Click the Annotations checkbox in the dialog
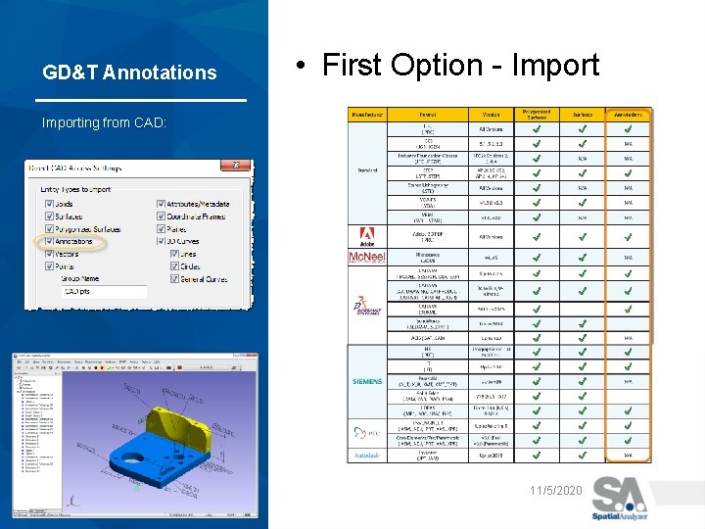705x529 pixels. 52,241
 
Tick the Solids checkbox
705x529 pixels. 52,204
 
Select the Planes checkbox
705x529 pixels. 162,229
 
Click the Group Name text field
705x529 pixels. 104,292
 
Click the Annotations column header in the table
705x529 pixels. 628,115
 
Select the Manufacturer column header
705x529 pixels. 366,115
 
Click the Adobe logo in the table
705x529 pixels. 367,235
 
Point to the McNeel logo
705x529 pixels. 367,257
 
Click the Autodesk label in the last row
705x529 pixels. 367,456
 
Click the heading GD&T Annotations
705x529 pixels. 129,72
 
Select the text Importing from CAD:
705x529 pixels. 104,122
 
